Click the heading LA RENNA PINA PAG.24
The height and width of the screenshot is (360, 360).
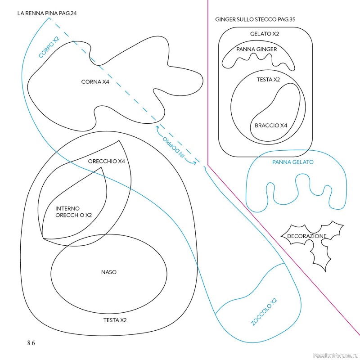[x=47, y=13]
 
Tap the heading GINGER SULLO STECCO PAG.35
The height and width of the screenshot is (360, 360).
[x=255, y=19]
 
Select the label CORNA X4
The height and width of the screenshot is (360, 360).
[x=95, y=82]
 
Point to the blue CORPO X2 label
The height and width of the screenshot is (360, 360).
[x=49, y=47]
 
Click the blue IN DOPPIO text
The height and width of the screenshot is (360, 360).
[x=174, y=147]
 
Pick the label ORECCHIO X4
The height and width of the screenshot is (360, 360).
[x=106, y=161]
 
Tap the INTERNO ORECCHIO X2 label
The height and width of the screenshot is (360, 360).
[x=73, y=211]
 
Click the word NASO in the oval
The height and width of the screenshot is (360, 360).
[x=108, y=272]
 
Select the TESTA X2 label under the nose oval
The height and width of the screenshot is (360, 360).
[x=115, y=320]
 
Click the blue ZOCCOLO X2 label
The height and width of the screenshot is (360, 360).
[x=264, y=311]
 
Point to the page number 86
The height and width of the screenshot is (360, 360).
[x=31, y=343]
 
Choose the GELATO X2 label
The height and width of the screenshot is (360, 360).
[x=265, y=34]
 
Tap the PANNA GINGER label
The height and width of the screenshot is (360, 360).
[x=256, y=49]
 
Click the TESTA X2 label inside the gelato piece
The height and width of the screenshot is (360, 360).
[x=268, y=80]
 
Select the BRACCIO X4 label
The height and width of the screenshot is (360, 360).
[x=271, y=126]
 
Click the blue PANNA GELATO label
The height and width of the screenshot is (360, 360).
[x=293, y=162]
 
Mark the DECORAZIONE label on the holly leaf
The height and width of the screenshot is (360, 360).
[x=307, y=236]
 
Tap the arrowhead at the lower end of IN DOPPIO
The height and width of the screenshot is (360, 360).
[x=194, y=163]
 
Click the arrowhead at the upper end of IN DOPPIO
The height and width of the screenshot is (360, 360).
[x=157, y=126]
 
